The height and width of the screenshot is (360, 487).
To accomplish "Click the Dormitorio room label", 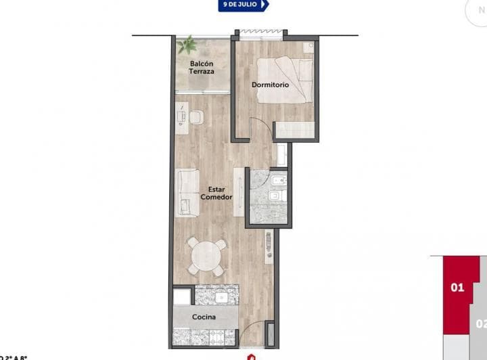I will pos(271,85).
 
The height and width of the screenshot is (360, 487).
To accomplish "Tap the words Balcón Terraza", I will pos(202,68).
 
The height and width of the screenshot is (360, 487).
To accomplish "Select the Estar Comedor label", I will pos(216,194).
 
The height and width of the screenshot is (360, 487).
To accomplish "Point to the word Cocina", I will pos(204,317).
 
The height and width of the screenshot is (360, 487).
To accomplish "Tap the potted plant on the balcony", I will pos(187,47).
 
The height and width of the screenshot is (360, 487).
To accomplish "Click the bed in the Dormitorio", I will pos(285,80).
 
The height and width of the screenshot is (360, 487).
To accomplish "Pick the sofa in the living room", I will pos(187,193).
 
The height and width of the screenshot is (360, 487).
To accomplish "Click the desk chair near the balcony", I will pos(196,118).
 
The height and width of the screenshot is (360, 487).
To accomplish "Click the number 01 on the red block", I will pos(457,288).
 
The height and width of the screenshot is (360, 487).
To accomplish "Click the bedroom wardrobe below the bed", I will pos(295,130).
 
